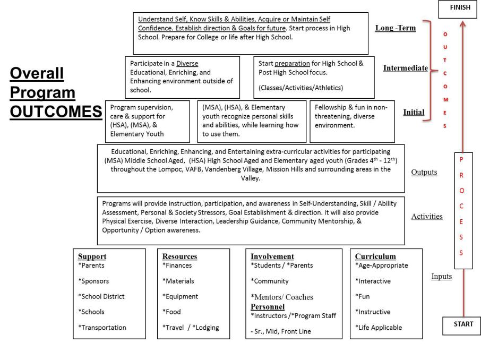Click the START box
pos(461,325)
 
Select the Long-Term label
pos(395,28)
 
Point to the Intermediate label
pos(405,68)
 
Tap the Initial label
pos(414,113)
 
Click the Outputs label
pos(424,172)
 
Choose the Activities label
pos(427,217)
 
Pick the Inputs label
pos(441,276)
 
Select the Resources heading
pos(179,256)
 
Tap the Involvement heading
pos(272,256)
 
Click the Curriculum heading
pos(375,256)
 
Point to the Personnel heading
pos(268,307)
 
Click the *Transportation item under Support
pos(102,328)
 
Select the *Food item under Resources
pos(172,312)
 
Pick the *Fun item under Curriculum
pos(363,296)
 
